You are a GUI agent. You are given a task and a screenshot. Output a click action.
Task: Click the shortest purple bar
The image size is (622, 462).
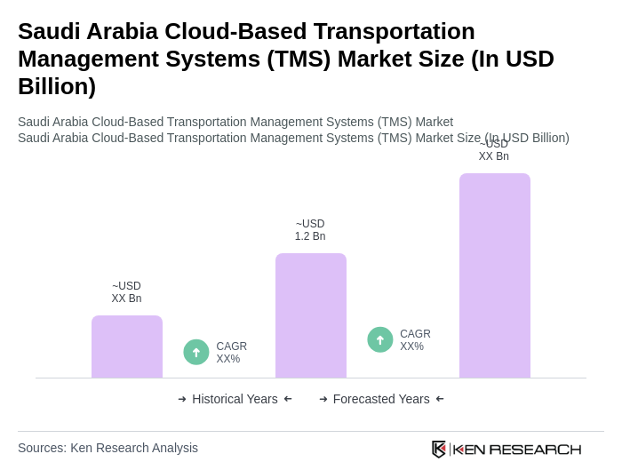[127, 346]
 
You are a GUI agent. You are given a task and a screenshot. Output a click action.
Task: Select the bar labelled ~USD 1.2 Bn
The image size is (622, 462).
[311, 315]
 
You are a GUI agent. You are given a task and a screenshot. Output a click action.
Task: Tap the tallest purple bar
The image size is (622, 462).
[495, 275]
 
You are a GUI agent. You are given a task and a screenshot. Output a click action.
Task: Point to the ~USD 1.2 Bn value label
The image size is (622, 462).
[310, 230]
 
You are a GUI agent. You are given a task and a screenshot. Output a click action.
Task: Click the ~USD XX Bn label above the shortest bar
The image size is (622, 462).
[126, 292]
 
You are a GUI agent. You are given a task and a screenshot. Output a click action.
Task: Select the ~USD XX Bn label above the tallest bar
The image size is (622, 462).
[494, 151]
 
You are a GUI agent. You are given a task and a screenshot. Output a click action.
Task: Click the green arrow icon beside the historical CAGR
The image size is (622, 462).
[196, 352]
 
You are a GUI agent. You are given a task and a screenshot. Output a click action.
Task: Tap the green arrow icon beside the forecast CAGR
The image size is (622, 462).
[380, 339]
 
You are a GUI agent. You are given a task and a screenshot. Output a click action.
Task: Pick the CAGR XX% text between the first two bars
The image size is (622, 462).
[231, 353]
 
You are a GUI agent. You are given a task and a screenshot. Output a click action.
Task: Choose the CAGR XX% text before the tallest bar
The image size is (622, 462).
[415, 340]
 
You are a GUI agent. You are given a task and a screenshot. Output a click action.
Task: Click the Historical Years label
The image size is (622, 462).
[235, 399]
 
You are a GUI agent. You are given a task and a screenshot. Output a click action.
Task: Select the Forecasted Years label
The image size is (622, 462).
[381, 399]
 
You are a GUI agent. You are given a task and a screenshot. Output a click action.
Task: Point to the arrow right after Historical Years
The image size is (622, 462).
[288, 399]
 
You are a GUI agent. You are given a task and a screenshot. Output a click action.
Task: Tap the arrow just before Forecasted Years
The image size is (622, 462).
[323, 399]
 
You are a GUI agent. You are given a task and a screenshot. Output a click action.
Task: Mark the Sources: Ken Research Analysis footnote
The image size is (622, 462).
[108, 448]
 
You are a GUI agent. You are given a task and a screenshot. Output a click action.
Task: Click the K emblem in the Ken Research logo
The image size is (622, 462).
[439, 449]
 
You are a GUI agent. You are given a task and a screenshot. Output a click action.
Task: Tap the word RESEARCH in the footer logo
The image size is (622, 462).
[535, 450]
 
